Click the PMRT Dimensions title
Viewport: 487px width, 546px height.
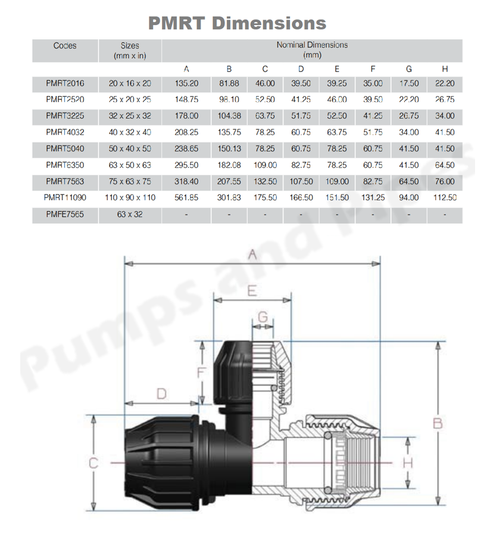click(237, 23)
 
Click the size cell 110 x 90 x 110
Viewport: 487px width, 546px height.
click(129, 197)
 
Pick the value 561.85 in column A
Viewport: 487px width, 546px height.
click(186, 197)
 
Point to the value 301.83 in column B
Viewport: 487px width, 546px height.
click(229, 197)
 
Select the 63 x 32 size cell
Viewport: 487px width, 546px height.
click(129, 214)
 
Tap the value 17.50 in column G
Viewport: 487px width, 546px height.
click(408, 84)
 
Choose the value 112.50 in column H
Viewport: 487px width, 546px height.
click(444, 197)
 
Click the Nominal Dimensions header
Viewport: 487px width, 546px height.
click(312, 50)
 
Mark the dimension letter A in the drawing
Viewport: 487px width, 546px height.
click(252, 255)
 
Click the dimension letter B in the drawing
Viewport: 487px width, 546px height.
click(438, 423)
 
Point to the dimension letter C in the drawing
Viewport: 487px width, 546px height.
click(93, 462)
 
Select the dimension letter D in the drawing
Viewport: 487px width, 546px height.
click(161, 393)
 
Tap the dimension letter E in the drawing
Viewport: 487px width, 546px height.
click(252, 290)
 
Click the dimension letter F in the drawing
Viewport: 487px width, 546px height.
click(201, 373)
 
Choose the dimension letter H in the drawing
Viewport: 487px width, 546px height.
click(407, 463)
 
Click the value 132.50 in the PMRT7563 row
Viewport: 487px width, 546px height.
click(265, 181)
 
